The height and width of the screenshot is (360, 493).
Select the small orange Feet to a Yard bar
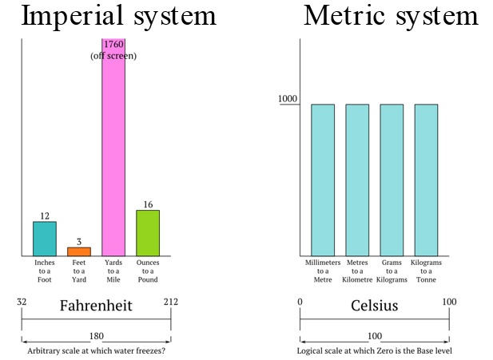click(x=79, y=251)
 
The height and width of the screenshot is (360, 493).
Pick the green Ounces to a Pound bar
click(x=148, y=232)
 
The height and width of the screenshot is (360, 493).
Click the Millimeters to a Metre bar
click(x=323, y=180)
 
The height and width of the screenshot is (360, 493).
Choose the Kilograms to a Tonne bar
click(x=426, y=180)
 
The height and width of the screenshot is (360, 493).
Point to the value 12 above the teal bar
click(x=45, y=216)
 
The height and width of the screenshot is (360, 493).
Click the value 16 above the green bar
click(x=148, y=204)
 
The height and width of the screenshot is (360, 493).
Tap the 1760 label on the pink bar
click(x=113, y=45)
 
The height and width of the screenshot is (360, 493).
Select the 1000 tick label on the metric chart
click(x=287, y=99)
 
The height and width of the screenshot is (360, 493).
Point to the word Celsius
click(x=374, y=306)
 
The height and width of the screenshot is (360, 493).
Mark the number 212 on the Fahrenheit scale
click(x=170, y=303)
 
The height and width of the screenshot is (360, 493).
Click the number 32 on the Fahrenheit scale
click(x=22, y=303)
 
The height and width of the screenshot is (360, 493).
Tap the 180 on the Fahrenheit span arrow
click(x=97, y=336)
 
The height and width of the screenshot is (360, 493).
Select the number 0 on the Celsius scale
click(x=300, y=303)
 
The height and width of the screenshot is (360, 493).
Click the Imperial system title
click(x=118, y=17)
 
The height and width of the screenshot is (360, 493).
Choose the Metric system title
click(x=390, y=17)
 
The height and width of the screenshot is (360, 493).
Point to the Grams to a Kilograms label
click(x=392, y=271)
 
